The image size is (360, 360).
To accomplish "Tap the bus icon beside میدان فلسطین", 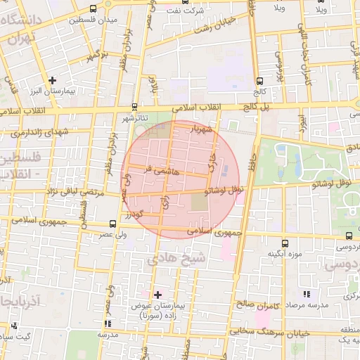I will (94, 9).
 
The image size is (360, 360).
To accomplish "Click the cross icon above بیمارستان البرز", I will (52, 81).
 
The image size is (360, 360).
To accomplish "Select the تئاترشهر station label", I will (133, 119).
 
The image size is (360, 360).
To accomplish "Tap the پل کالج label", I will (255, 105).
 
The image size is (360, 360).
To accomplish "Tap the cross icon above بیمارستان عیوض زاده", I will (157, 295).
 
